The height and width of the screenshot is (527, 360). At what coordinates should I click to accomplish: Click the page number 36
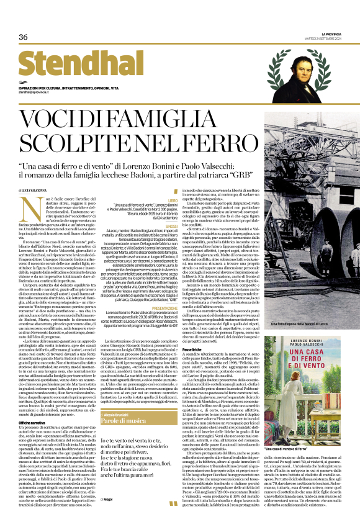click(24, 37)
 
